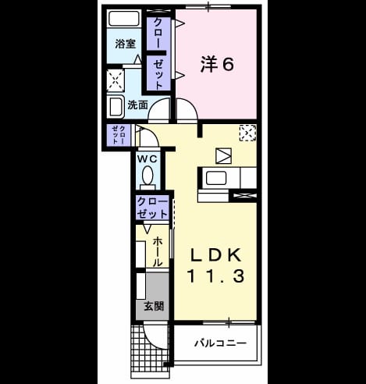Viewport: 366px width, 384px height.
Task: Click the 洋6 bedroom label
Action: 217,64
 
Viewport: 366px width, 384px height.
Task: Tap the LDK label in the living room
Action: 215,255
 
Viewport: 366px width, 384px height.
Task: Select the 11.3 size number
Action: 215,276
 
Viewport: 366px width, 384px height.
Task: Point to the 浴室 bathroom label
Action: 125,44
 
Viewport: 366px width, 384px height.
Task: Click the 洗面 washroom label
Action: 137,105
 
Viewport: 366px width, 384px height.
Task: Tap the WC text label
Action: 147,158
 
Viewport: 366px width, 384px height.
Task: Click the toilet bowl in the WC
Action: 147,176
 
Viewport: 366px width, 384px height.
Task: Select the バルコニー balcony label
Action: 220,343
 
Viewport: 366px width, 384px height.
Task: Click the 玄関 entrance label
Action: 154,306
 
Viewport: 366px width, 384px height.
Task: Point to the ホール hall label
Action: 158,252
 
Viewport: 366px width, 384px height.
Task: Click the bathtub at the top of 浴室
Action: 123,19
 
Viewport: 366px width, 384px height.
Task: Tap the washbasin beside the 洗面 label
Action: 115,107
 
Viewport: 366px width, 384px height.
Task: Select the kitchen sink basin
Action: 216,178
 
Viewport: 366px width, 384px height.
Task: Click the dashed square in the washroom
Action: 115,80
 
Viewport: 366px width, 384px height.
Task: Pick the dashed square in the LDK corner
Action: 247,133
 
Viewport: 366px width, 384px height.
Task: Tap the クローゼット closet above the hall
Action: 152,208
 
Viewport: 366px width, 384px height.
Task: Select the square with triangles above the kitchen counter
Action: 223,156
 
